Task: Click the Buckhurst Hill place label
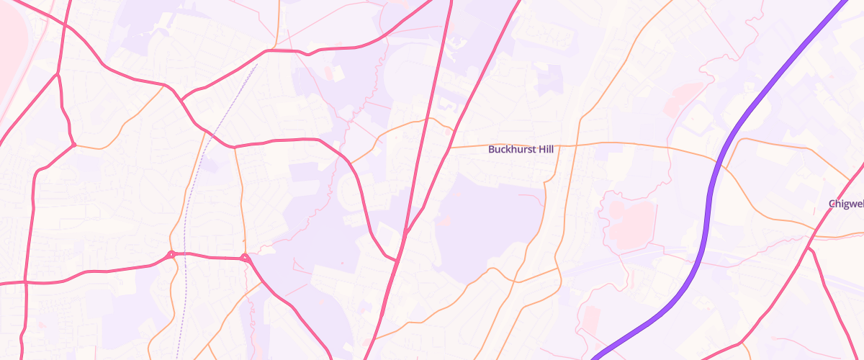(x=522, y=150)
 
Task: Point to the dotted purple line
(x=189, y=216)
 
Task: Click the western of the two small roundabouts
(x=171, y=254)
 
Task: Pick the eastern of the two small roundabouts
(x=245, y=258)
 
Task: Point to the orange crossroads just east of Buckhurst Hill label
(x=578, y=145)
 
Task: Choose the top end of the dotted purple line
(x=257, y=65)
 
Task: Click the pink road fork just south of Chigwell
(x=809, y=248)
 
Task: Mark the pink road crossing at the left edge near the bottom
(x=25, y=282)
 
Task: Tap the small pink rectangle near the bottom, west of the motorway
(x=590, y=317)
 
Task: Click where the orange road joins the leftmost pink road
(x=74, y=145)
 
